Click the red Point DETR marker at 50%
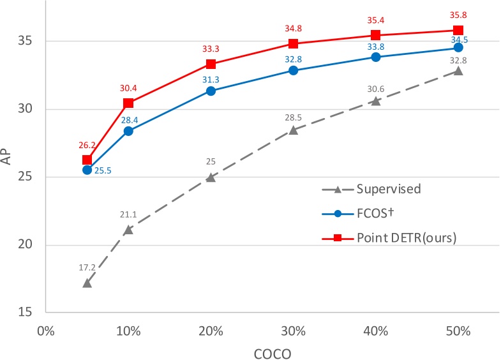(x=458, y=30)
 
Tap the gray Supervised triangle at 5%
(x=87, y=282)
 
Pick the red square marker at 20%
(x=211, y=64)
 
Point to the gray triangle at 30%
(x=293, y=130)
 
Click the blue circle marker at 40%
(x=375, y=57)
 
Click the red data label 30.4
(x=128, y=89)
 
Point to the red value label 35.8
(x=458, y=13)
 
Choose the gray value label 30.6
(x=375, y=87)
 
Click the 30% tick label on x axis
(x=293, y=332)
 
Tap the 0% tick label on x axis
(x=46, y=332)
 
